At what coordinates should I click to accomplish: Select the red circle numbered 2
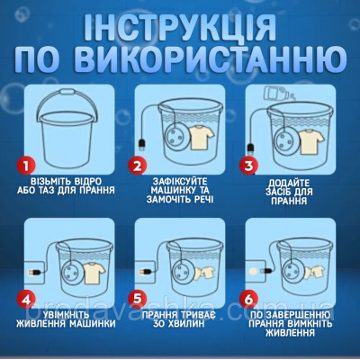click(x=138, y=165)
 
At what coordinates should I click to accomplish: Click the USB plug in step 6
click(x=262, y=268)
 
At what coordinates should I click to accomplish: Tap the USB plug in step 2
click(x=142, y=142)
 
